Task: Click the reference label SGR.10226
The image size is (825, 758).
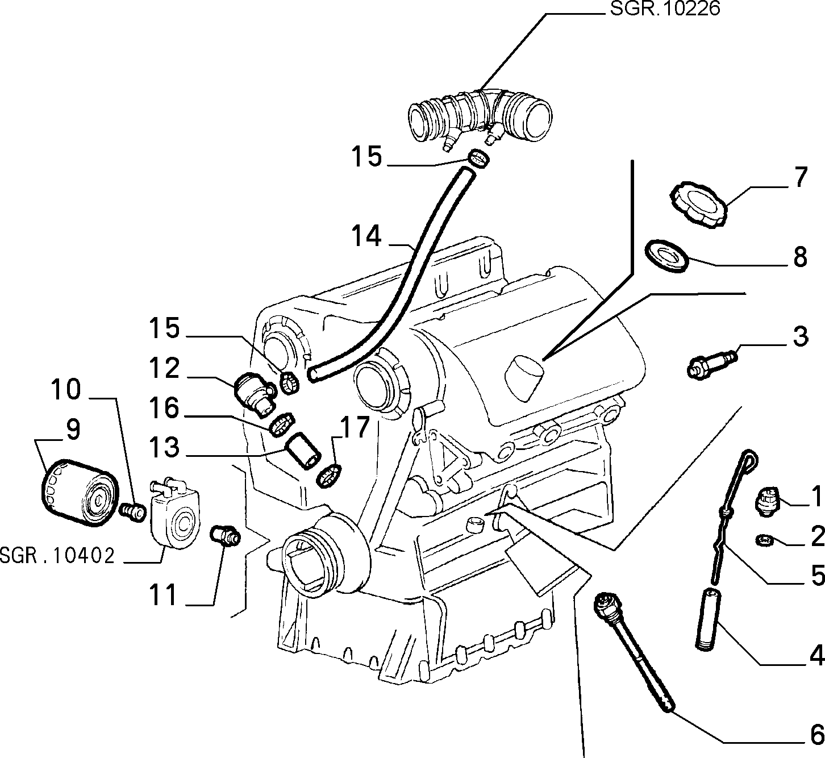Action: [665, 9]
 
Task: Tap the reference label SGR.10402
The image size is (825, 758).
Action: [57, 556]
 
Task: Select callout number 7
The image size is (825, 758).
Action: [800, 177]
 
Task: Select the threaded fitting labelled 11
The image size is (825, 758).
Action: [225, 535]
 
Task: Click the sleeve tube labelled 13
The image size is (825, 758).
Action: [304, 451]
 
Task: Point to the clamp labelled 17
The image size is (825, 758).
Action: [330, 476]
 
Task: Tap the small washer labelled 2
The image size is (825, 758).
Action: [765, 540]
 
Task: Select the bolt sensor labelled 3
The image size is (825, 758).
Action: [713, 362]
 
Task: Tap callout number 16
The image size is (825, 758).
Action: [164, 409]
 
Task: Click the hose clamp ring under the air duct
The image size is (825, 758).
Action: [479, 159]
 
